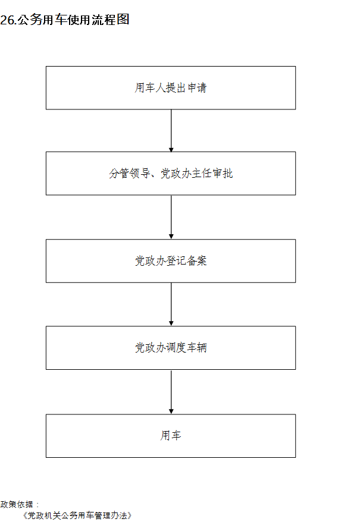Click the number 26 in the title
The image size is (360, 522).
7,20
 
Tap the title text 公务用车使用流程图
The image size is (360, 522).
73,20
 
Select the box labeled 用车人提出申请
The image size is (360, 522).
171,88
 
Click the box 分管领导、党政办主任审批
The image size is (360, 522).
171,174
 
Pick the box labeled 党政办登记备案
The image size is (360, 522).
171,261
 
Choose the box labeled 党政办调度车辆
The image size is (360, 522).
171,348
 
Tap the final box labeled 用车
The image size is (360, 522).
171,436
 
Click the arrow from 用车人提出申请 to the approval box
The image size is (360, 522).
171,131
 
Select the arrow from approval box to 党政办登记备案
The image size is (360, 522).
171,217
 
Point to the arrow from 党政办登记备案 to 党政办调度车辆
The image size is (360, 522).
171,304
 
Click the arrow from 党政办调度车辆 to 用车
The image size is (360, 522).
171,392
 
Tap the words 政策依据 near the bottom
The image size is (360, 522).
17,504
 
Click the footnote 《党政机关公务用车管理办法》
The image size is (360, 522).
77,515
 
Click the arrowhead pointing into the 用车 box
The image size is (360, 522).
171,412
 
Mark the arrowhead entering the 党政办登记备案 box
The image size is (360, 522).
171,237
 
